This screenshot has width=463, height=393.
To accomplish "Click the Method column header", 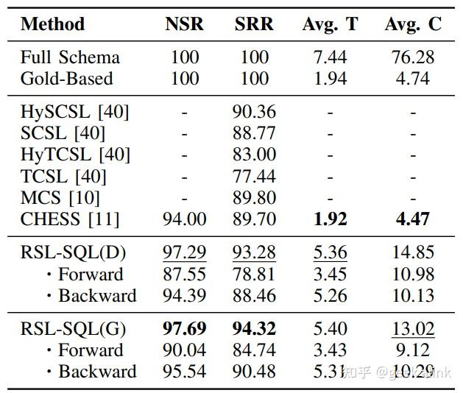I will coord(52,24).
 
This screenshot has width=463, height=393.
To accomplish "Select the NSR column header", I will coord(184,24).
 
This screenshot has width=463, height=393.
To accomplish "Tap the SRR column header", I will coord(254,24).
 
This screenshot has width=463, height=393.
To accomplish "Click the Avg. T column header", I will coord(330,24).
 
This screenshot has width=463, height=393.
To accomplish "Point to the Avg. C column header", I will coord(413,24).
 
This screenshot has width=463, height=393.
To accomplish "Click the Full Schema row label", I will coord(70,57).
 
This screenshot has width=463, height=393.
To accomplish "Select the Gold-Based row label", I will coord(67,78).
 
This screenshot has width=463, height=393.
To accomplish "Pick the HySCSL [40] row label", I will coord(75,112).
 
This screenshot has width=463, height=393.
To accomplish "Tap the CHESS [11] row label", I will coord(70,219).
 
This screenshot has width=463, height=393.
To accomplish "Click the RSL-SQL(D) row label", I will coord(74,252).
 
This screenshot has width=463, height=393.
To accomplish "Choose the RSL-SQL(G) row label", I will coord(74,328).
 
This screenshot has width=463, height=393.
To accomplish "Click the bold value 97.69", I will coord(184,328).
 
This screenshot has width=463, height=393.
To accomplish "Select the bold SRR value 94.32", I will coord(254,328).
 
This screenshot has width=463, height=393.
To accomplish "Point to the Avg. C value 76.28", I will coord(413,57).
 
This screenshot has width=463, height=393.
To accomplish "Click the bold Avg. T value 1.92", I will coord(330,219).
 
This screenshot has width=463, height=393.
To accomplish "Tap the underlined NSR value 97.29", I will coord(184,252).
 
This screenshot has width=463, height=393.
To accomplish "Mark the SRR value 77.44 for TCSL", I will coord(254,176).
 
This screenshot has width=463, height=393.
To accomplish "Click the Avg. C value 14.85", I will coord(413,252).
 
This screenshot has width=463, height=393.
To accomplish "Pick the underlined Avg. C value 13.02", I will coord(413,328).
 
